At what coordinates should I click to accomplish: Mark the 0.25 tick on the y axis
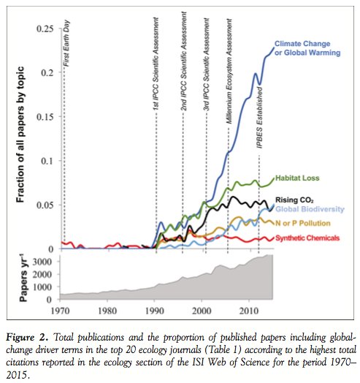coord(47,29)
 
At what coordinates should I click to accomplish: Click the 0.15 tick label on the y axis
coord(47,116)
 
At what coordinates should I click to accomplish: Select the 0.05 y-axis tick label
coord(47,205)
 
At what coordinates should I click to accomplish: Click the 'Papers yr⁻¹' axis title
coord(18,278)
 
